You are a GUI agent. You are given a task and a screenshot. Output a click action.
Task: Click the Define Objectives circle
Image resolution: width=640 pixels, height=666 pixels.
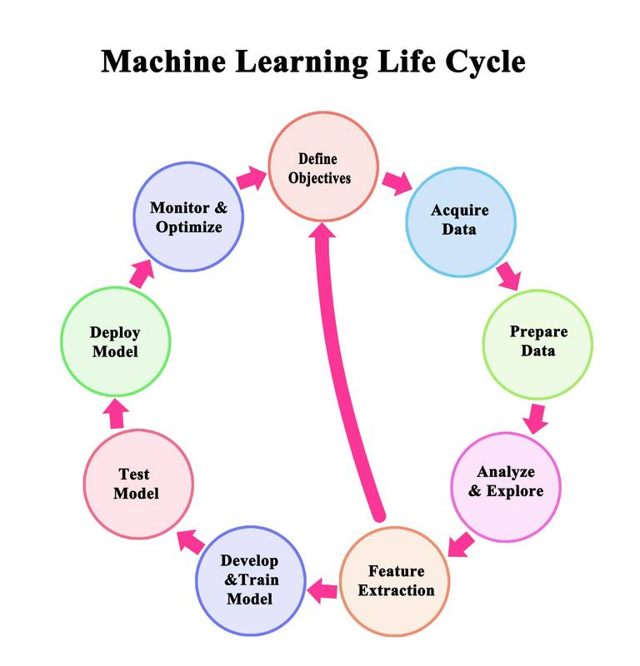coord(322,167)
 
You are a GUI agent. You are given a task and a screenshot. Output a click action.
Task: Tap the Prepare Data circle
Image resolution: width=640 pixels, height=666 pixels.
coord(538,342)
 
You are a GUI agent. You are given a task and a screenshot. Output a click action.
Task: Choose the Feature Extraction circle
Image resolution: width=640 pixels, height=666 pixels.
coord(396,581)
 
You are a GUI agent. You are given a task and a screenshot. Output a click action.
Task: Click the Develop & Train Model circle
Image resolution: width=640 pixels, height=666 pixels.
coord(249,580)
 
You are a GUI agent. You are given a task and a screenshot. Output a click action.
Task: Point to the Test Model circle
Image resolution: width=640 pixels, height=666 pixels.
coord(138,483)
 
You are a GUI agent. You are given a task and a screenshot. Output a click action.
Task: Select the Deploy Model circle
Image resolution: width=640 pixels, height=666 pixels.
coord(115,341)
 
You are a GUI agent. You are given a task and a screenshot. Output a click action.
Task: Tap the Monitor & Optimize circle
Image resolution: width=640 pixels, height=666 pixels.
coord(189,216)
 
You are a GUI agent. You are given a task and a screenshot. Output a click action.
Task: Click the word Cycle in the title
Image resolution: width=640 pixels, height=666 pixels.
coord(484,62)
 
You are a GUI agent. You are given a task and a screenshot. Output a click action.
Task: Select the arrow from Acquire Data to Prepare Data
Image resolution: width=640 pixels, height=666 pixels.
coord(507,276)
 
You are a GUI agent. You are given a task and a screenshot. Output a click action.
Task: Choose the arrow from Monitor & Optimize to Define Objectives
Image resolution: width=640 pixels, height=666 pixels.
coord(250,177)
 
